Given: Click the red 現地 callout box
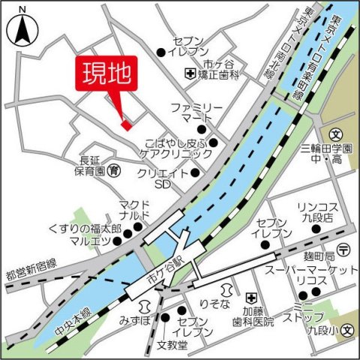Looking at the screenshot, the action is click(105, 74).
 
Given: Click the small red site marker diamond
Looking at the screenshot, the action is click(126, 124).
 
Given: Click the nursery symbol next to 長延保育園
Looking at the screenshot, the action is click(113, 171).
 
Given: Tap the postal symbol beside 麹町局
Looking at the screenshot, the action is click(343, 248).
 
